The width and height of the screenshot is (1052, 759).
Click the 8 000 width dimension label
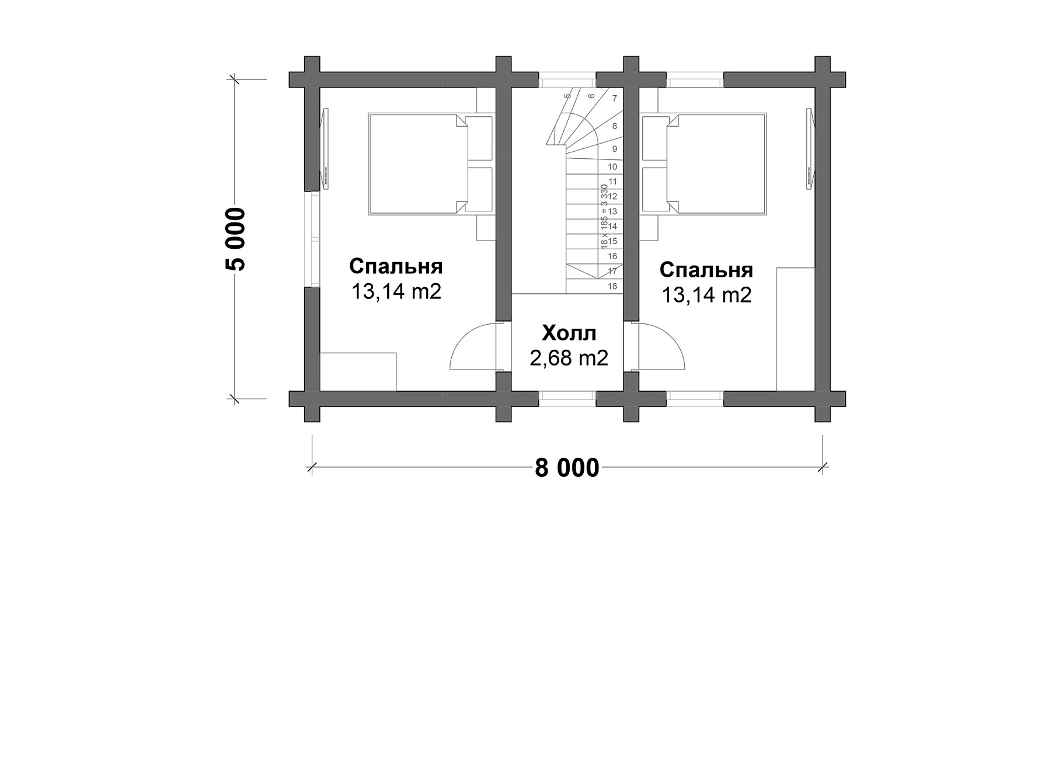[567, 468]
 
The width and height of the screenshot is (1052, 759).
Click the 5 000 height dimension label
[236, 239]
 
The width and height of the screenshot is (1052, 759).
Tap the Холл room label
[569, 333]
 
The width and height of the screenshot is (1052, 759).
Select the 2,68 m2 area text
[569, 357]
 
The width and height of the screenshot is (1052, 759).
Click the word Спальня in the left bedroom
[396, 266]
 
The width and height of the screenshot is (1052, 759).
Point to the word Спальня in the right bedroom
[706, 270]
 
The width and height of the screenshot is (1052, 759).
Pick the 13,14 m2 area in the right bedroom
[706, 295]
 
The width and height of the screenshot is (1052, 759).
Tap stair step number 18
[612, 286]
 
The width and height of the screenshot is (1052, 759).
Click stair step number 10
[612, 167]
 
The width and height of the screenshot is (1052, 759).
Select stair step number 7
[614, 99]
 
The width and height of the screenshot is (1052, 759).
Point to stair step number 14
[612, 226]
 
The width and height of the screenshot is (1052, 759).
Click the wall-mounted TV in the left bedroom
[325, 148]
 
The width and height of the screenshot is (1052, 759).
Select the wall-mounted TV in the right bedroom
[810, 148]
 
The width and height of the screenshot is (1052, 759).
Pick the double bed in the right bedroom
[703, 164]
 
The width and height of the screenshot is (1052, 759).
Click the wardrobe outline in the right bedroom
[796, 329]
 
